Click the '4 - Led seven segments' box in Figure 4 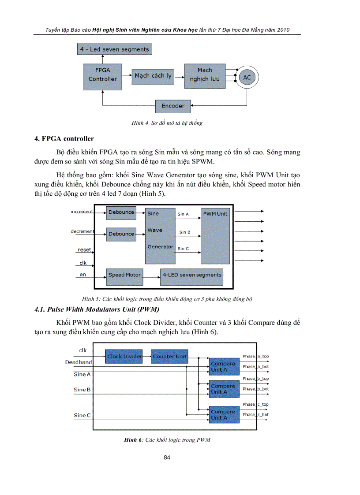[115, 49]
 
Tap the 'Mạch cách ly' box [153, 76]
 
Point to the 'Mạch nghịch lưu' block [205, 75]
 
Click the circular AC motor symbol [247, 78]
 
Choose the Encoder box [173, 106]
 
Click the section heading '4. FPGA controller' [64, 139]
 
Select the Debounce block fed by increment [121, 213]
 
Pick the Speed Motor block [124, 275]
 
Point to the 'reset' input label [85, 249]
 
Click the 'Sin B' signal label [185, 232]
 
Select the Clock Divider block [124, 356]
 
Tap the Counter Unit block [169, 356]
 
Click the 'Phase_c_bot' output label [255, 414]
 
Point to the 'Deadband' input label [79, 362]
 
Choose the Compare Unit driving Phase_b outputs [223, 389]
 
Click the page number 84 [167, 458]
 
